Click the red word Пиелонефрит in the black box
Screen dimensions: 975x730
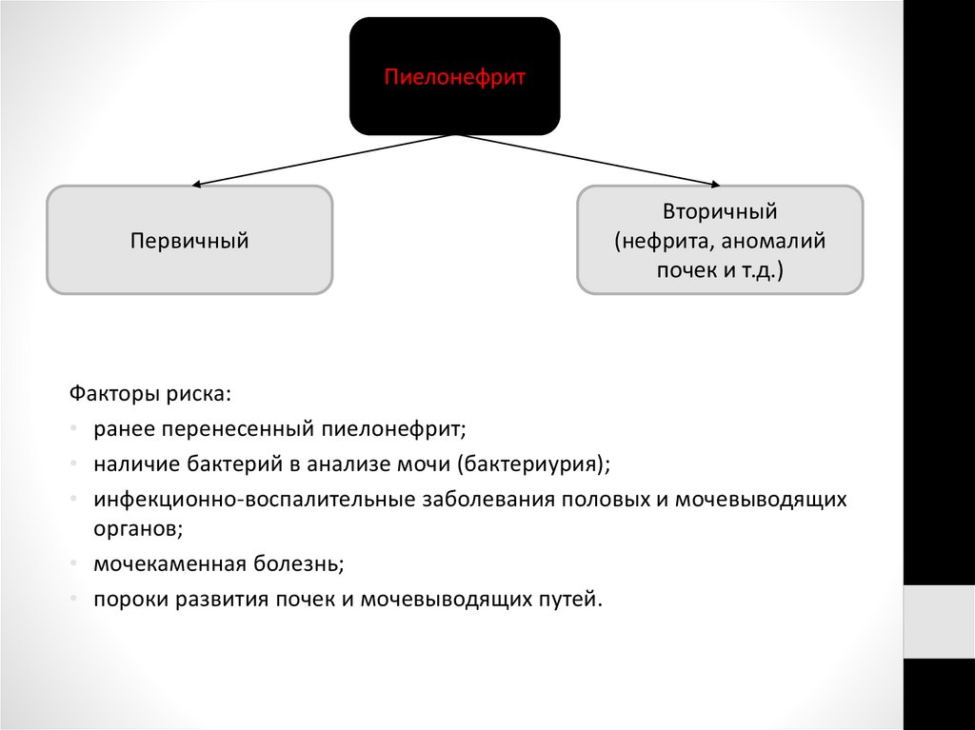pyautogui.click(x=454, y=77)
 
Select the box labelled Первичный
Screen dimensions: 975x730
pyautogui.click(x=189, y=240)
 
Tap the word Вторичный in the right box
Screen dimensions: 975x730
pyautogui.click(x=720, y=211)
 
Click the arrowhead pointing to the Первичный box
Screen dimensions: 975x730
pyautogui.click(x=197, y=184)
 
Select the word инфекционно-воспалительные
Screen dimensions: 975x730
pyautogui.click(x=254, y=500)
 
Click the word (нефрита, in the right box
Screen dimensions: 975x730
pyautogui.click(x=663, y=241)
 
